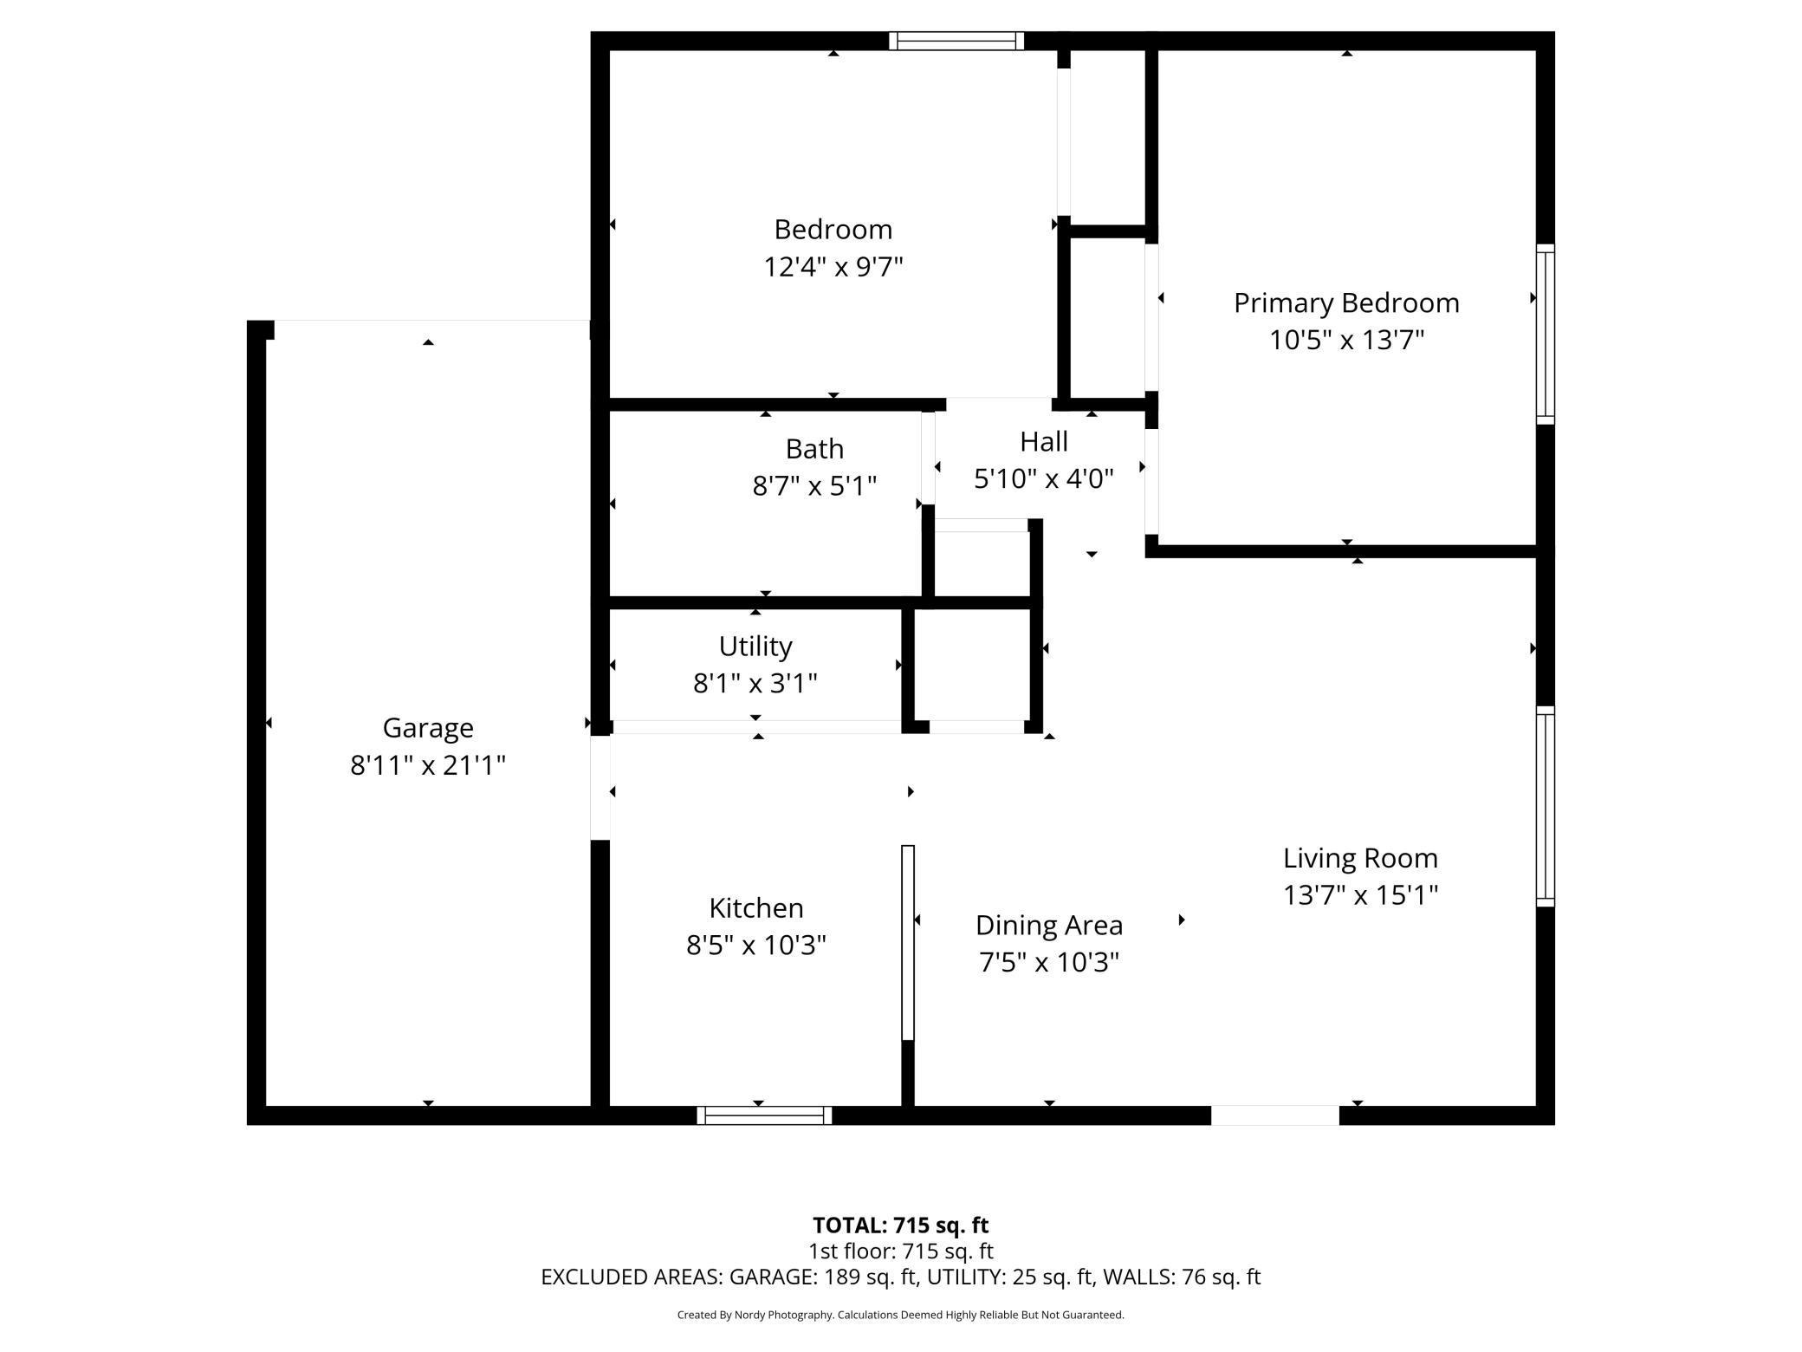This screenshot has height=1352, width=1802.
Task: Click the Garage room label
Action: coord(428,728)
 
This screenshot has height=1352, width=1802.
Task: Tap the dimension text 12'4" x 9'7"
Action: coord(833,267)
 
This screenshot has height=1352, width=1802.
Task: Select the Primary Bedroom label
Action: coord(1345,303)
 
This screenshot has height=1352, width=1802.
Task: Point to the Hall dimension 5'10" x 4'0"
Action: coord(1043,478)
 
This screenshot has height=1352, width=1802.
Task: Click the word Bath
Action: coord(814,449)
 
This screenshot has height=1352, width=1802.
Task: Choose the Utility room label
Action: coord(755,647)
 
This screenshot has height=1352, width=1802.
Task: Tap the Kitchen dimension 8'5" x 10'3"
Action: coord(755,945)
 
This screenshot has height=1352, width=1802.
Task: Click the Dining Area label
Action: coord(1048,926)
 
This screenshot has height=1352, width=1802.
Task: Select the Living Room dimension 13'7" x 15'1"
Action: coord(1359,894)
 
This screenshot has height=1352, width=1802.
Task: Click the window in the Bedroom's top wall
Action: coord(956,41)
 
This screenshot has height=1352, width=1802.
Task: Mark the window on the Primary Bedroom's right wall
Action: coord(1545,335)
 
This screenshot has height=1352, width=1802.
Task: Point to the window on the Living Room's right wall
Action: coord(1545,806)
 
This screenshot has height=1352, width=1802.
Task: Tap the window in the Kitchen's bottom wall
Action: coord(764,1115)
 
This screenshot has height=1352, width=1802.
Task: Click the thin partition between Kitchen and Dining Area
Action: coord(908,942)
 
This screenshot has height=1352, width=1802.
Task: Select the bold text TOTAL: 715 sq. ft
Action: coord(900,1225)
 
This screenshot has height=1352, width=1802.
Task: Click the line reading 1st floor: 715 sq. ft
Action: coord(900,1251)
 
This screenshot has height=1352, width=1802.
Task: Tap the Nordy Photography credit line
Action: coord(900,1315)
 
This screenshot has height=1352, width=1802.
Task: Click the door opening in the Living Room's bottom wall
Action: coord(1274,1115)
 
